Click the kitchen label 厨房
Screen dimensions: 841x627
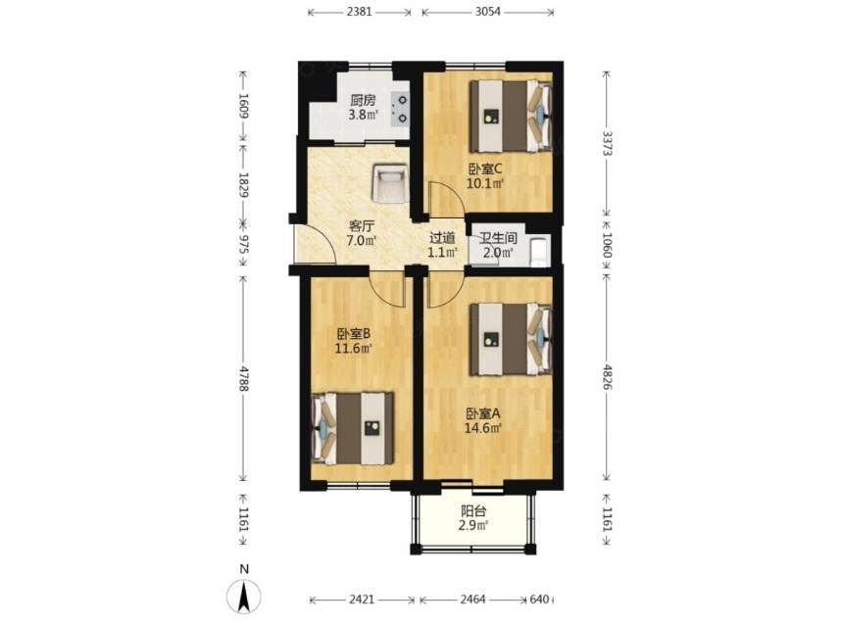(363, 100)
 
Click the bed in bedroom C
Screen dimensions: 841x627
(511, 116)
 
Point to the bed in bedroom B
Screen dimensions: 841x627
(353, 428)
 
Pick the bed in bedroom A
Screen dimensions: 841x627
(511, 339)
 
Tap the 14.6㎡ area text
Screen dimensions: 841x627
(482, 428)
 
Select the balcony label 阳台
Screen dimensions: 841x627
(473, 511)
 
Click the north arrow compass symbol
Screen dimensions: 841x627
(244, 596)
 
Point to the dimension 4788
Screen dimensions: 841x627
(244, 378)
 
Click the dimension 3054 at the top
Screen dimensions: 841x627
(488, 11)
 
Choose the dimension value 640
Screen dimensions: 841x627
(539, 600)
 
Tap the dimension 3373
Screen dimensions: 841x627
(607, 143)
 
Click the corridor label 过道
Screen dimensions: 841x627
(442, 237)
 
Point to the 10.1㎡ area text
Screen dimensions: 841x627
(485, 184)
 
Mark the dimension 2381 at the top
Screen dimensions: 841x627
(359, 11)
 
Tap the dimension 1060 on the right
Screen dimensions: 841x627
(607, 244)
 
